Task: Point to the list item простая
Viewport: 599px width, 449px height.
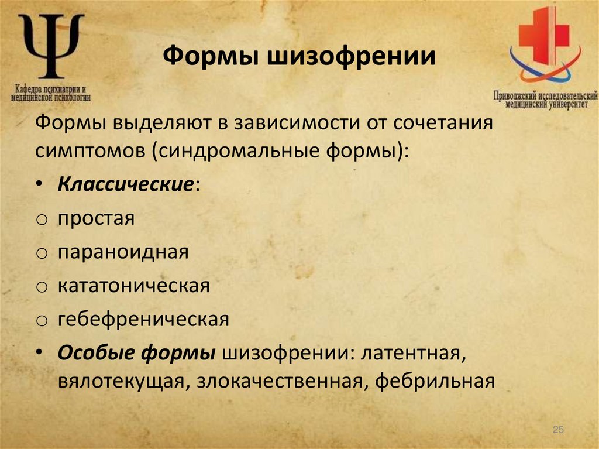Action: point(96,219)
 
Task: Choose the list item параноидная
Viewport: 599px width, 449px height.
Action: point(123,252)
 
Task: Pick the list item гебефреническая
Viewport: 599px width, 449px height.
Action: point(143,320)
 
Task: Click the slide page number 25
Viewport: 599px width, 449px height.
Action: point(557,430)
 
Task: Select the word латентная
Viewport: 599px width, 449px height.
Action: point(413,353)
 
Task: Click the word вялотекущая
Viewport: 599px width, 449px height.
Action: point(120,381)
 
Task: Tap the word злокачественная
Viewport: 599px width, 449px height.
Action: point(279,381)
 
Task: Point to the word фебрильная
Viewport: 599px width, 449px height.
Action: point(435,381)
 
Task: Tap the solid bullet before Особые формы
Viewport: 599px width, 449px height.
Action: point(39,354)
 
